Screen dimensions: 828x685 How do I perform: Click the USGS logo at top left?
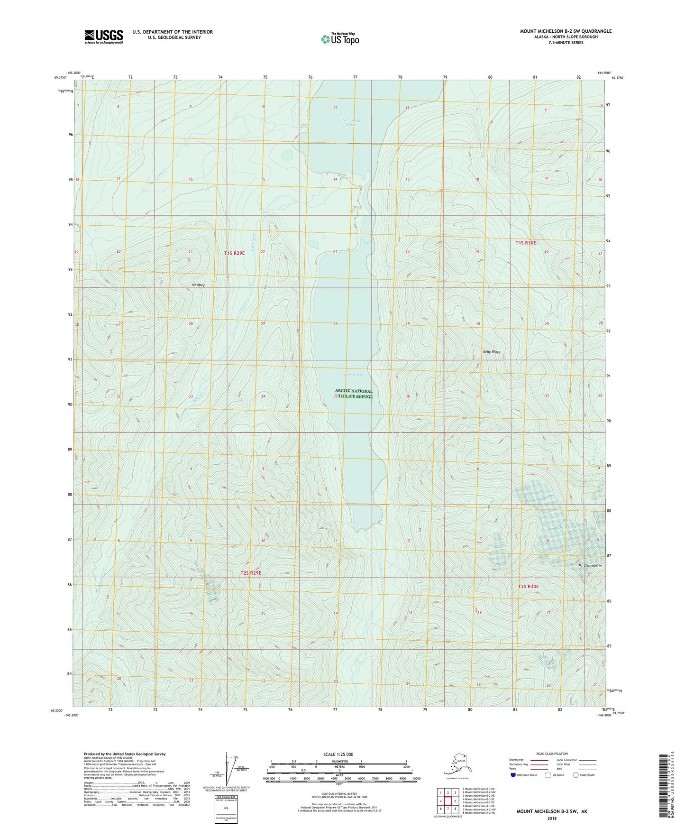pos(103,37)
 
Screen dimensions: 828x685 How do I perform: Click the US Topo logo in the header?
pos(339,39)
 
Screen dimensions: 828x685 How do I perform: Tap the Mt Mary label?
pos(198,285)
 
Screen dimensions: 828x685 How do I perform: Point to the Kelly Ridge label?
pos(492,352)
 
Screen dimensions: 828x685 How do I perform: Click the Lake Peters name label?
pos(354,375)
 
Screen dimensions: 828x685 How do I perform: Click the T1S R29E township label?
pos(234,253)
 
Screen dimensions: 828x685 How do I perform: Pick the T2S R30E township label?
pos(528,587)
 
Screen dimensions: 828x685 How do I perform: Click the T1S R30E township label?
pos(526,243)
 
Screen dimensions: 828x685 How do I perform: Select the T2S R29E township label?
pos(251,573)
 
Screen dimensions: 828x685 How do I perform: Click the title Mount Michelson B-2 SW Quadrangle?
pos(566,31)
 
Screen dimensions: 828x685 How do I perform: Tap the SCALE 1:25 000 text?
pos(339,754)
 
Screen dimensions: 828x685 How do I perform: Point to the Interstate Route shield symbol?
pos(513,775)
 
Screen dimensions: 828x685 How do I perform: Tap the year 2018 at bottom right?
pos(552,818)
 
